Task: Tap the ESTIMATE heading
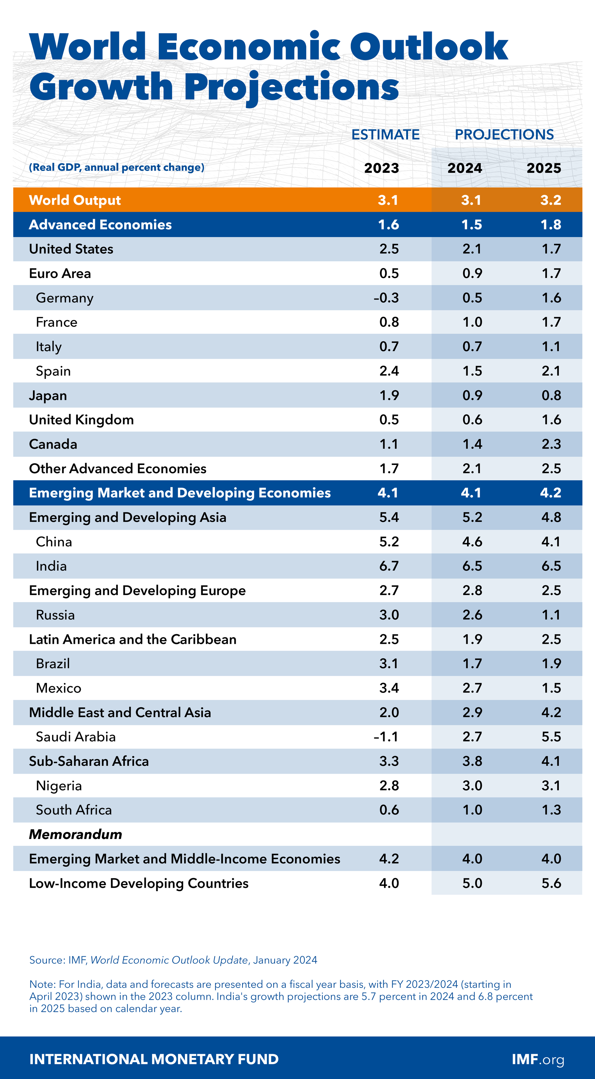click(385, 134)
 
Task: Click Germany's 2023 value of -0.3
click(386, 298)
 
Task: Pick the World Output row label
click(75, 200)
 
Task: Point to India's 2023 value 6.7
click(389, 566)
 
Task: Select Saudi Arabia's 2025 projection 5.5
click(551, 737)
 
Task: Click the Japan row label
click(48, 395)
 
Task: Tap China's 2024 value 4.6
click(472, 542)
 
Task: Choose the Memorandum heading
click(75, 834)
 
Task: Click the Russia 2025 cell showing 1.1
click(551, 615)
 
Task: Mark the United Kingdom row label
click(81, 420)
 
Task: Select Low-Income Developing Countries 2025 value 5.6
click(551, 883)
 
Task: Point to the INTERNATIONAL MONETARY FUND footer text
click(154, 1059)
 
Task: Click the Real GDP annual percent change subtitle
click(117, 168)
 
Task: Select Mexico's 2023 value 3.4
click(389, 688)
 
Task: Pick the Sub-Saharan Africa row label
click(89, 761)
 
